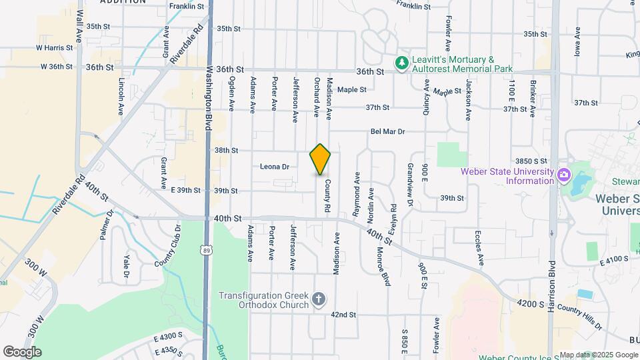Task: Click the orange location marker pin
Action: (320, 159)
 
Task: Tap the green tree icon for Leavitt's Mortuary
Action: (401, 63)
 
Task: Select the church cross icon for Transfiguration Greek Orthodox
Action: (319, 298)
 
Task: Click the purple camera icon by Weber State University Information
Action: (564, 175)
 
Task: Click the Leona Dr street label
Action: (275, 167)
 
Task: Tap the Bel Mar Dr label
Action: (387, 132)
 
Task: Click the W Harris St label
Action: (54, 48)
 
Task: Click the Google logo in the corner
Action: (22, 351)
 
